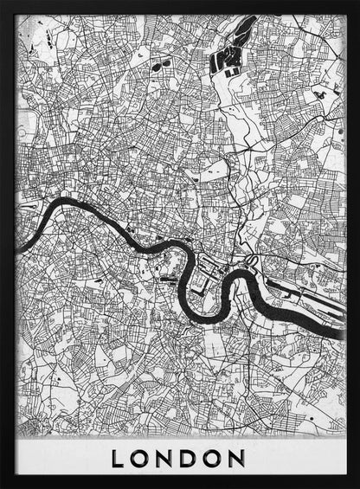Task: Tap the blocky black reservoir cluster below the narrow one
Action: (x=224, y=60)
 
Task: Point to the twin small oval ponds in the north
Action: (x=157, y=65)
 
